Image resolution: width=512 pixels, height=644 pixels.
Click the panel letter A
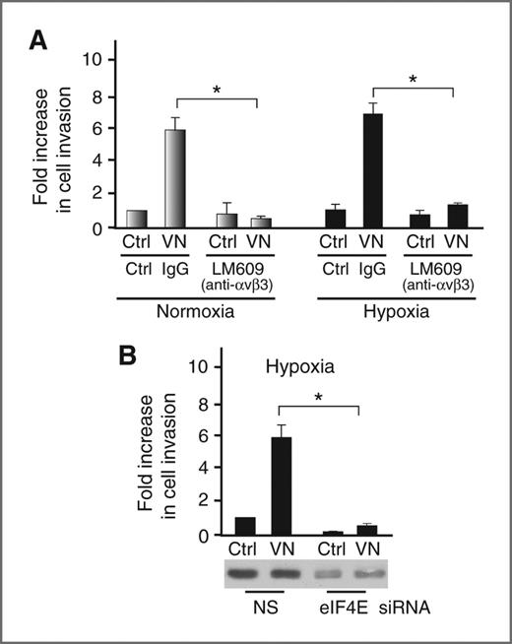(x=42, y=41)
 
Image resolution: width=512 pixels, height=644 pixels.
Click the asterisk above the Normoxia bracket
(x=216, y=89)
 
